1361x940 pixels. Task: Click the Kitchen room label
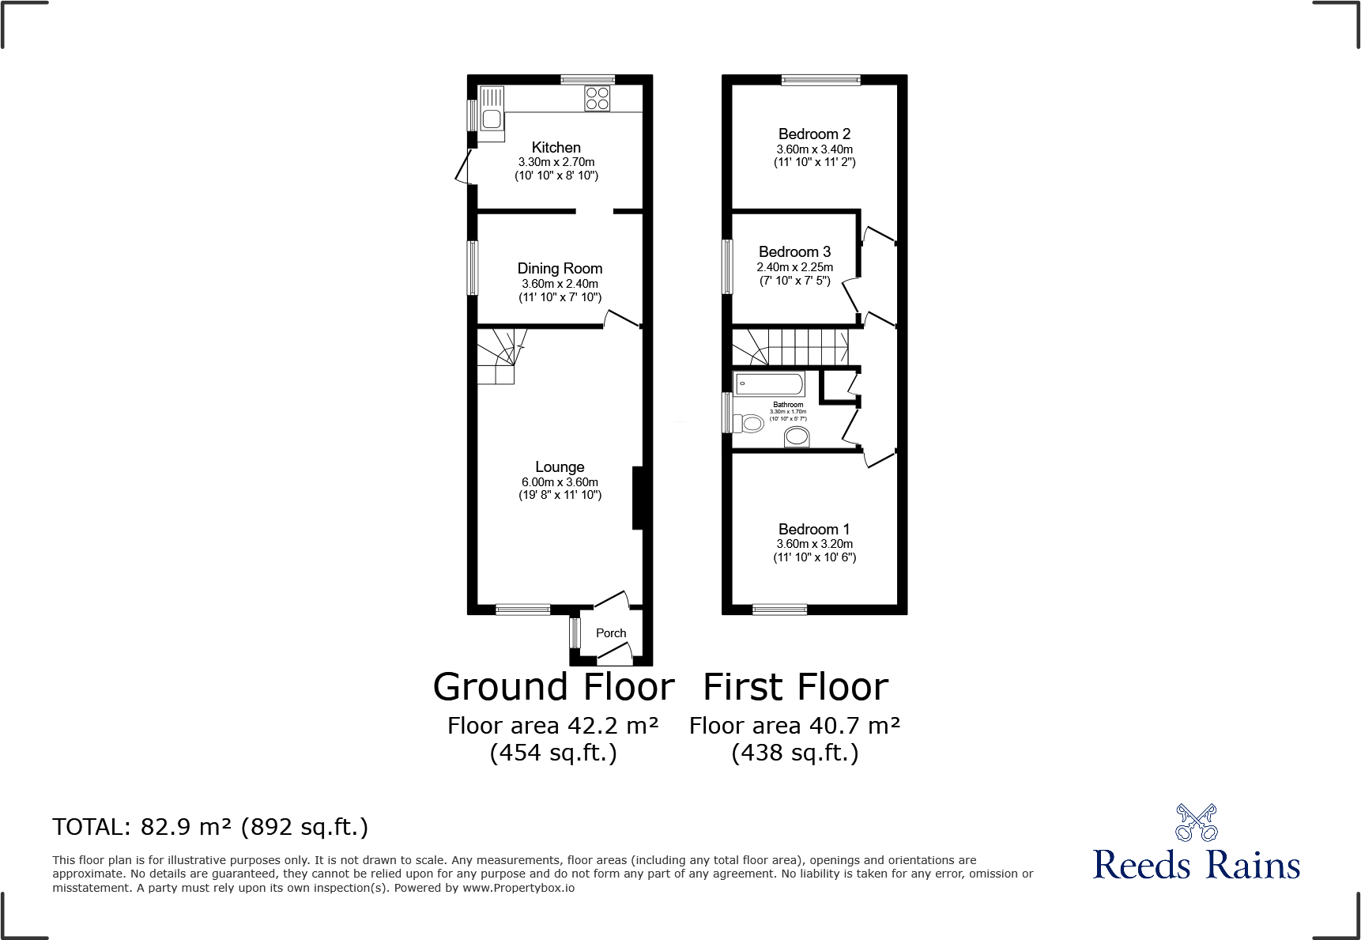click(x=556, y=147)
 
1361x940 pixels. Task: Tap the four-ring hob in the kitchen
click(x=598, y=98)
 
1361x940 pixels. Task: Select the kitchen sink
click(x=492, y=114)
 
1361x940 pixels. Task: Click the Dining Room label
click(x=560, y=269)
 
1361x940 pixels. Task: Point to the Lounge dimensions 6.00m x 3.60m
click(x=560, y=482)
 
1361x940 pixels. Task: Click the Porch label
click(x=610, y=633)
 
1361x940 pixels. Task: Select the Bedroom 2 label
click(x=814, y=134)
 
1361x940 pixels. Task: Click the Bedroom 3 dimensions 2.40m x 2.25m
click(x=794, y=267)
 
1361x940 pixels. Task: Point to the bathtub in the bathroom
click(x=769, y=384)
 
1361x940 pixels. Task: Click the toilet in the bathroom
click(x=749, y=424)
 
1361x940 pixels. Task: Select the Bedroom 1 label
click(x=814, y=530)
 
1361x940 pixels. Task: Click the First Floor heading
click(x=795, y=686)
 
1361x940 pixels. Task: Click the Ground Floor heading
click(x=553, y=686)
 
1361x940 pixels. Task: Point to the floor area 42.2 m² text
click(x=553, y=726)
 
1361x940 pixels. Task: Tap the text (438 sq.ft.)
click(x=795, y=753)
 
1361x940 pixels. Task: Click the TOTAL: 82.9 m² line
click(x=210, y=827)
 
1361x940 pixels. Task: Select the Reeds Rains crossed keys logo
click(x=1196, y=823)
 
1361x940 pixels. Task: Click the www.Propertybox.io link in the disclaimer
click(x=518, y=888)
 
